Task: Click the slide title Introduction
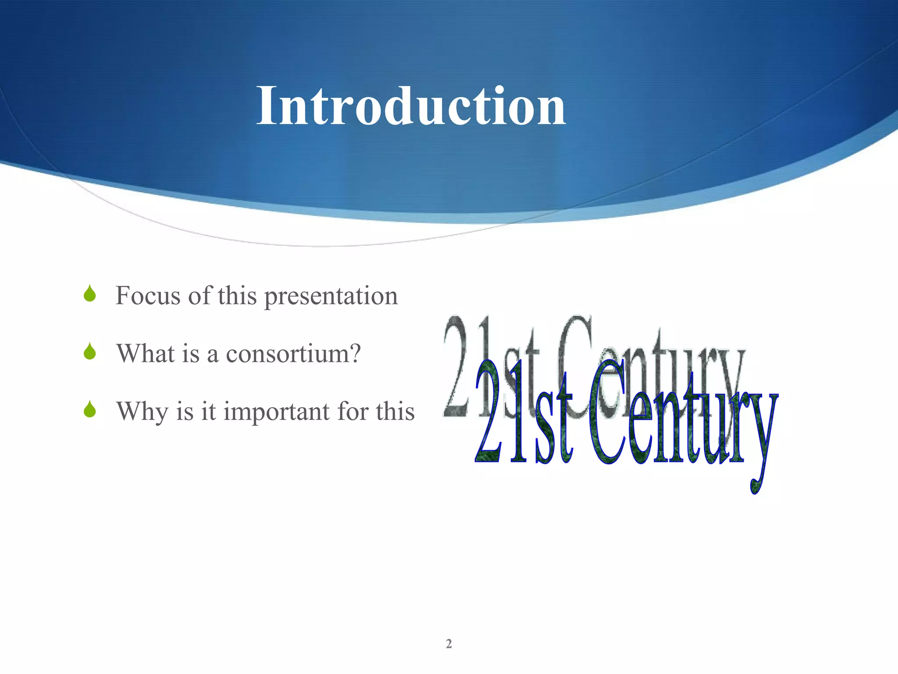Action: (x=411, y=106)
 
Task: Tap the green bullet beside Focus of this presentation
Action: (x=90, y=294)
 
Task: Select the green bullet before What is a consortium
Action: (x=90, y=351)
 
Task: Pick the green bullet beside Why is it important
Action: (x=90, y=409)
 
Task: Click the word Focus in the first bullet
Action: (x=148, y=295)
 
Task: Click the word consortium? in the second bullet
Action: (x=293, y=353)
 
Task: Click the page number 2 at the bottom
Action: (x=449, y=644)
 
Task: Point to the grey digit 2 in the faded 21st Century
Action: (x=458, y=366)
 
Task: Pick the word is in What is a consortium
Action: (x=190, y=353)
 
